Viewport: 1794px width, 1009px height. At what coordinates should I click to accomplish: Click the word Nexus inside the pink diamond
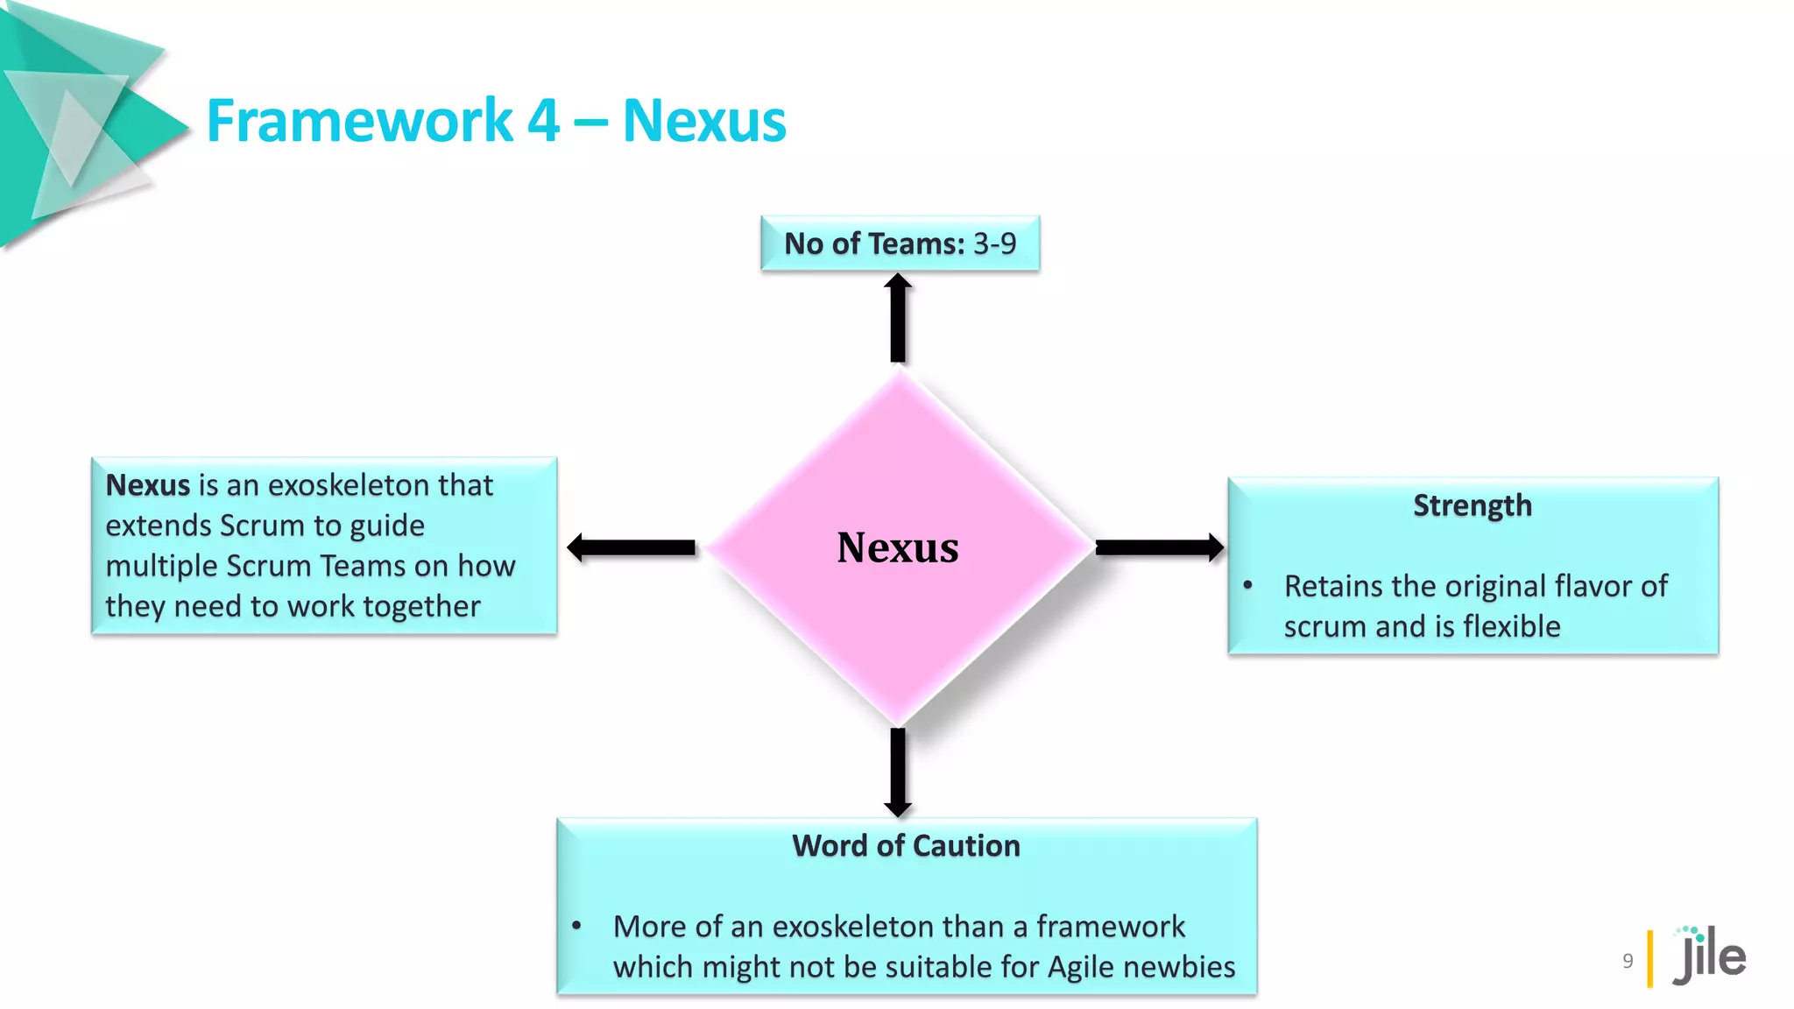[x=897, y=547]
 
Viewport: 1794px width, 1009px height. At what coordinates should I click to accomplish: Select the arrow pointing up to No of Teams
[x=898, y=317]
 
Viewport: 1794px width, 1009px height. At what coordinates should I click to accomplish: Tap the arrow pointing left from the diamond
[x=631, y=547]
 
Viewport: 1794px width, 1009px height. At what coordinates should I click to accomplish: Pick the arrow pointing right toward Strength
[x=1159, y=547]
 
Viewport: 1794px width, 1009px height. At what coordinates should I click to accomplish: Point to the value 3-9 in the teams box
[x=994, y=243]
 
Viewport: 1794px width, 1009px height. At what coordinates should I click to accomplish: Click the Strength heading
[x=1472, y=505]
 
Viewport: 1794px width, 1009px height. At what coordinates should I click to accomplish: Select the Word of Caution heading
[x=906, y=845]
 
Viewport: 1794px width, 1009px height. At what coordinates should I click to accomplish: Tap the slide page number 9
[x=1628, y=960]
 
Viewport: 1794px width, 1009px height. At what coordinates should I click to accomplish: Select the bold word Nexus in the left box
[x=147, y=484]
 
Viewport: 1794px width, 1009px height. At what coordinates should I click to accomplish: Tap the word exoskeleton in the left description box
[x=353, y=484]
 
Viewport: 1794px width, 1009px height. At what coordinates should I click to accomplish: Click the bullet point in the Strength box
[x=1248, y=585]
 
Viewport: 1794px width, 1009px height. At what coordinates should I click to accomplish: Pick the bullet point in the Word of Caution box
[x=576, y=925]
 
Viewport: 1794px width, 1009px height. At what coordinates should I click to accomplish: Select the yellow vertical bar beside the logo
[x=1650, y=958]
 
